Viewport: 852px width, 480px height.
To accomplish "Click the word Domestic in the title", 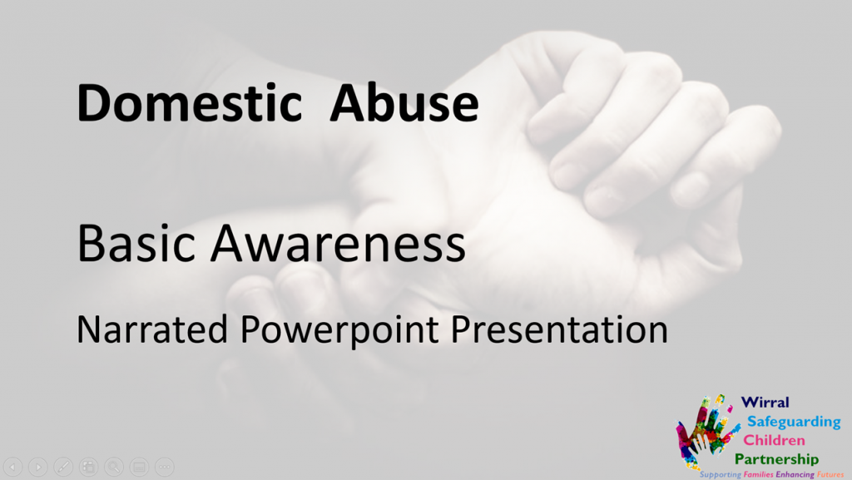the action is tap(190, 102).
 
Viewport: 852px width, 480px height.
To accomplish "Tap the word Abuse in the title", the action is tap(404, 102).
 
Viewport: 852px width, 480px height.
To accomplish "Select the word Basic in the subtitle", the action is tap(136, 243).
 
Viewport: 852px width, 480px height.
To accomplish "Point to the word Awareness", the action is tap(338, 243).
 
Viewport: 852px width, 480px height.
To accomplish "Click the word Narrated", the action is tap(152, 329).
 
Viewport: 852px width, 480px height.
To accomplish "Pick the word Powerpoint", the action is tap(339, 330).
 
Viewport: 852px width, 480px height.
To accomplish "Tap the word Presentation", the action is tap(559, 329).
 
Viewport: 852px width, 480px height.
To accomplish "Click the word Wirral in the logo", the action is tap(765, 403).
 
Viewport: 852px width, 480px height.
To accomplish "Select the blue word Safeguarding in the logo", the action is tap(794, 422).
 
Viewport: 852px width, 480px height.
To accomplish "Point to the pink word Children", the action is tap(774, 440).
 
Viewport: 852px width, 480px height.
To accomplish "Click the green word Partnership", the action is tap(776, 459).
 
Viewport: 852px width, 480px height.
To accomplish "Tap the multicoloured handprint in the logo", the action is tap(706, 432).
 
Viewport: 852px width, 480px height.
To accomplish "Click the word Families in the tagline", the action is tap(759, 474).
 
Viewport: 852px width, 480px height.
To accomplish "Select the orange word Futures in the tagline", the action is tap(830, 474).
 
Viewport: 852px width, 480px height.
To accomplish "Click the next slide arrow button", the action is tap(38, 467).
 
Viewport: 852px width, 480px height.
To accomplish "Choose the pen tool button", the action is tap(63, 467).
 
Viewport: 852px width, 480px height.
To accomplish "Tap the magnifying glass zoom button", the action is tap(113, 467).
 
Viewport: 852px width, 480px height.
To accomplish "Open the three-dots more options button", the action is tap(164, 467).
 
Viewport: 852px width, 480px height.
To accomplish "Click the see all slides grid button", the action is tap(88, 467).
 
